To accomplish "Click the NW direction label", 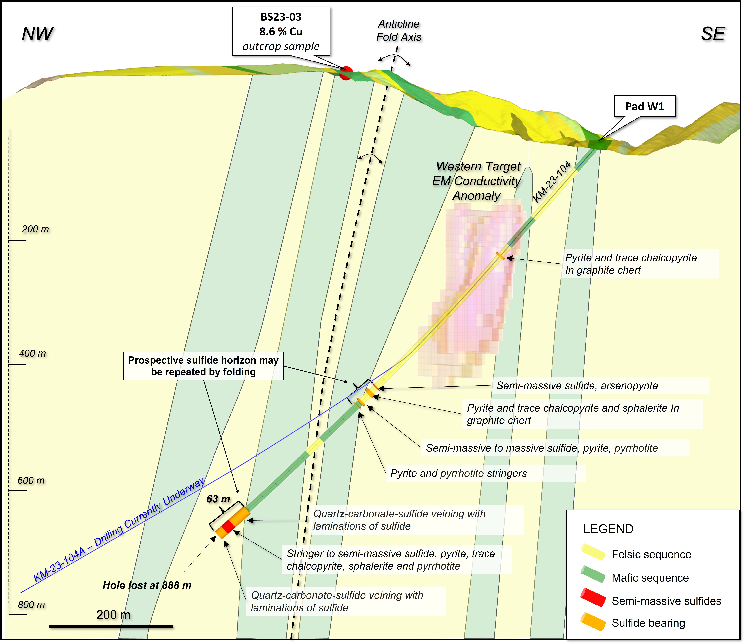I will pyautogui.click(x=37, y=34).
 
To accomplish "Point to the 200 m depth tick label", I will pyautogui.click(x=35, y=229).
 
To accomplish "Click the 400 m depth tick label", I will pyautogui.click(x=32, y=353).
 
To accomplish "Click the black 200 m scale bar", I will pyautogui.click(x=111, y=626).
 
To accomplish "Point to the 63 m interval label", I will pyautogui.click(x=218, y=499).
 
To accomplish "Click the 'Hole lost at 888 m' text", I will pyautogui.click(x=147, y=585).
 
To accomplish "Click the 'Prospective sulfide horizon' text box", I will pyautogui.click(x=203, y=366).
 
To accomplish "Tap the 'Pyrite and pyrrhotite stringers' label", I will pyautogui.click(x=458, y=473).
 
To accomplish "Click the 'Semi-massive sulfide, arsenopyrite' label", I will pyautogui.click(x=577, y=386).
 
